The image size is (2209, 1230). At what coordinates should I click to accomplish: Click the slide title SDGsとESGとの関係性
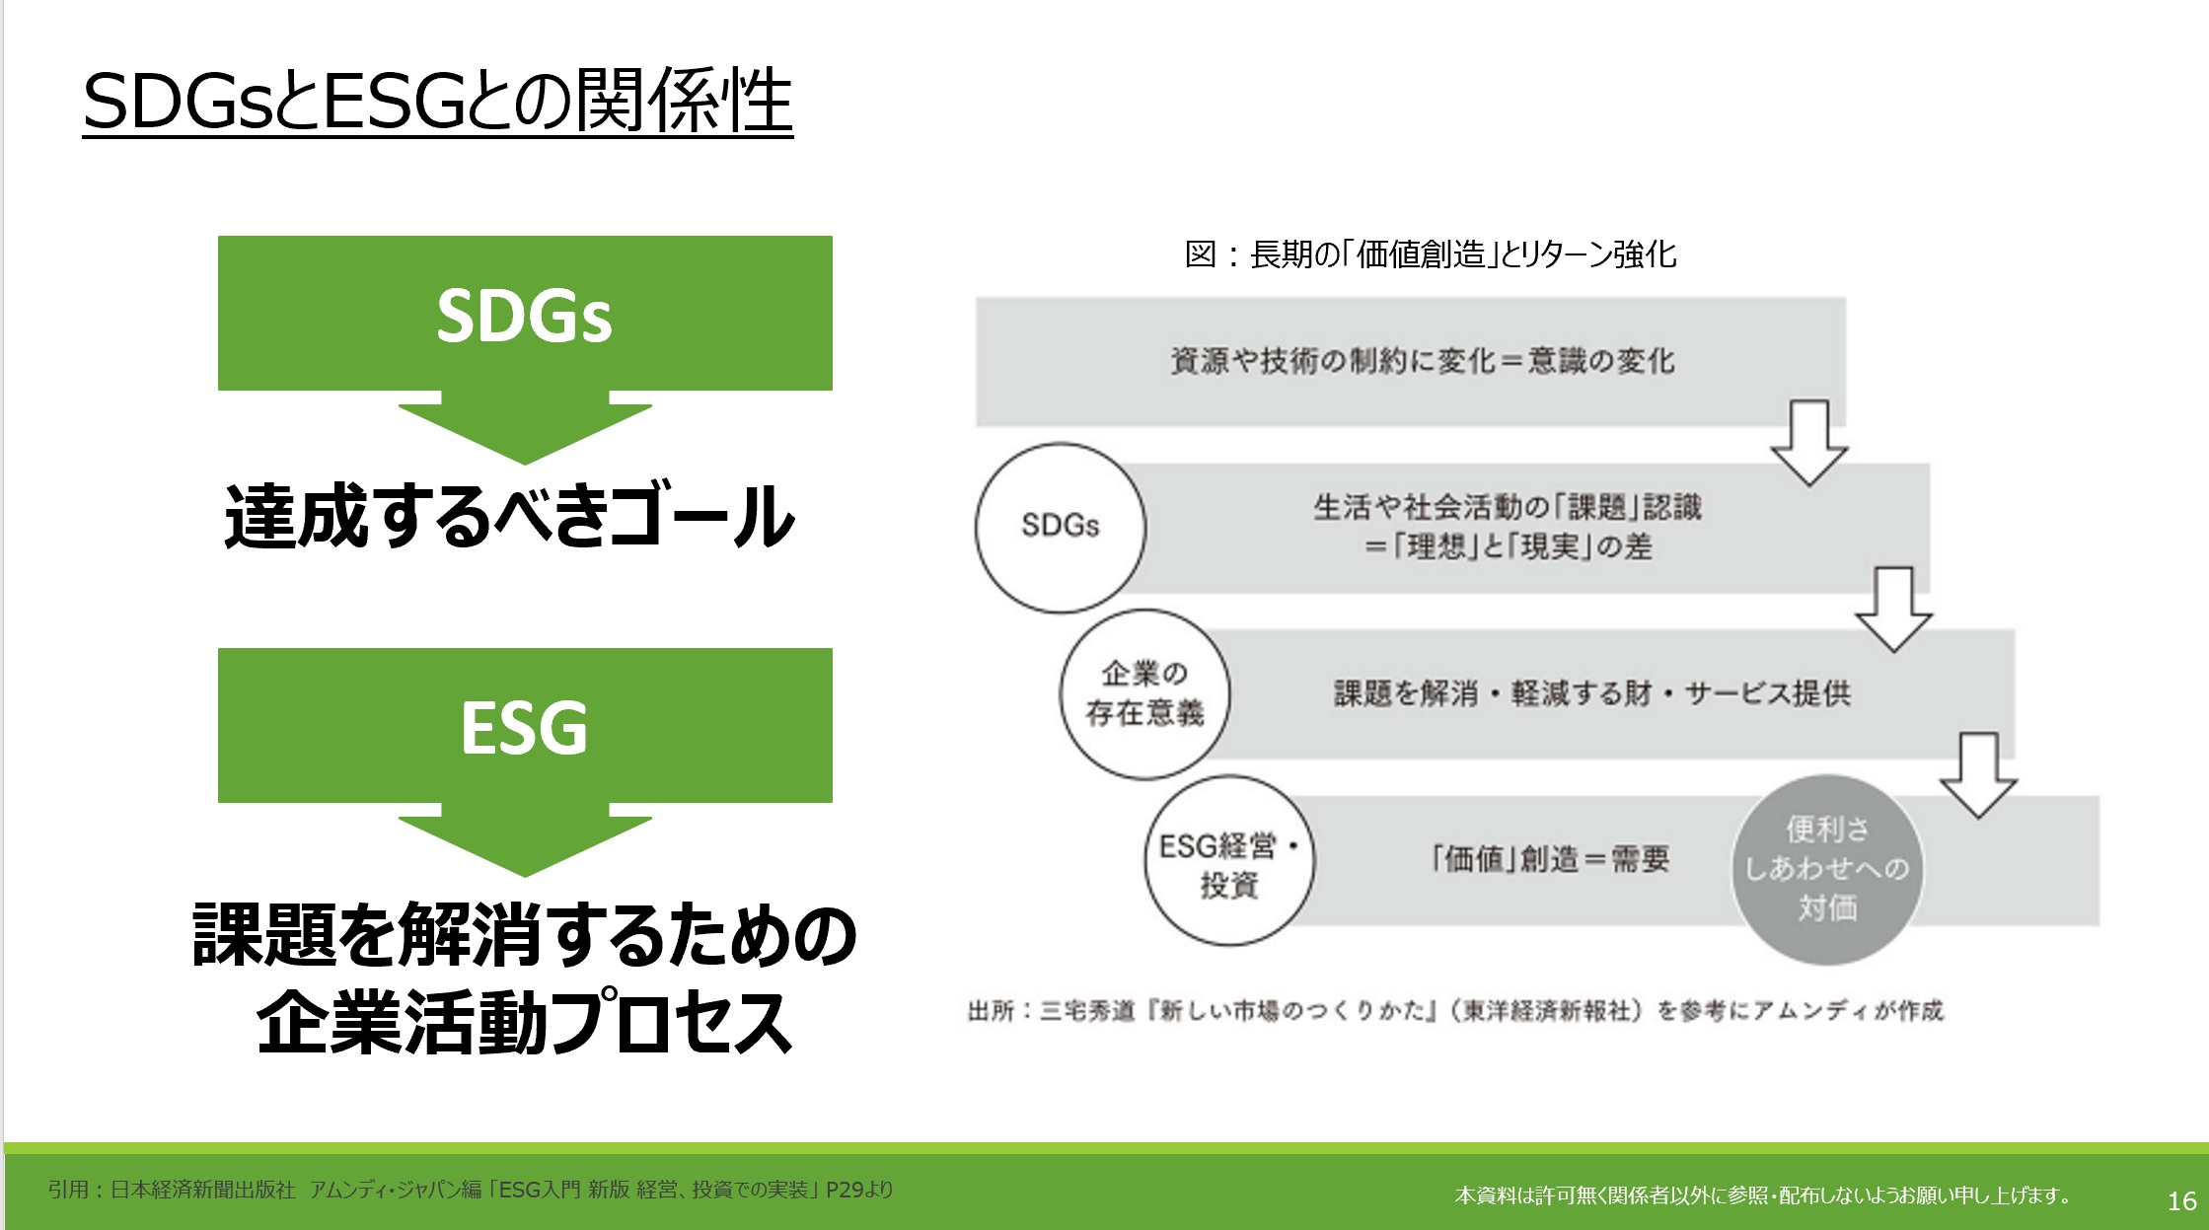[438, 101]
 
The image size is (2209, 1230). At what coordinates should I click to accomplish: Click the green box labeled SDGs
[525, 313]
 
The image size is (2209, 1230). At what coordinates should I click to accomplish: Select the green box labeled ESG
[525, 725]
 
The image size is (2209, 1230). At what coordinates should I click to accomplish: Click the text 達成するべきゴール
[509, 516]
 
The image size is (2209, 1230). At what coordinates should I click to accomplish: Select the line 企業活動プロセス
[524, 1022]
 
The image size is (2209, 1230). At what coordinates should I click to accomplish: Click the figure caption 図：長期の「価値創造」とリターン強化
[1431, 254]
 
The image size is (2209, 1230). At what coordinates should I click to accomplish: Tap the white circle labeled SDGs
[1061, 528]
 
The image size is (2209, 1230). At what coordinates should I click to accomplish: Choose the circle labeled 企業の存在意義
[1145, 694]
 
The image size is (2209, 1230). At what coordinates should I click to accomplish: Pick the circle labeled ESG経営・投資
[1229, 861]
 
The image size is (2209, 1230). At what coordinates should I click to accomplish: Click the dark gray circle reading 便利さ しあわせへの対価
[1827, 869]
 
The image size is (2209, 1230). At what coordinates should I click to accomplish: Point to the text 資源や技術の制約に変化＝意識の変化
[1423, 361]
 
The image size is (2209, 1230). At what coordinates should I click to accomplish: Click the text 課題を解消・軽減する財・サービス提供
[1592, 693]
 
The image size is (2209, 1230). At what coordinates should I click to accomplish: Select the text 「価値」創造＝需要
[1550, 859]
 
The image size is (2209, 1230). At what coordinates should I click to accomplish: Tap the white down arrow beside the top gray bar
[1809, 443]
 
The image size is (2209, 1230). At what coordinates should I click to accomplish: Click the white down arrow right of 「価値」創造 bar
[1978, 775]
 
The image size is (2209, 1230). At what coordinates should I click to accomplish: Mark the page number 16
[2181, 1200]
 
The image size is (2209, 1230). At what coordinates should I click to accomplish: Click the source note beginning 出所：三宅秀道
[1455, 1011]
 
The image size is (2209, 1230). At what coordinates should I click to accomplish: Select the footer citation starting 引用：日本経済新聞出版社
[471, 1190]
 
